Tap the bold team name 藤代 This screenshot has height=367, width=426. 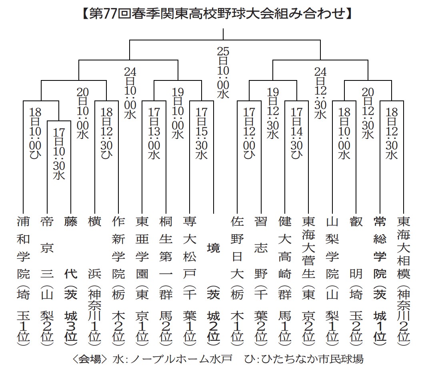[71, 248]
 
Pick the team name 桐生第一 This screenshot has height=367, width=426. [166, 248]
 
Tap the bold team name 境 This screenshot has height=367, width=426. [214, 248]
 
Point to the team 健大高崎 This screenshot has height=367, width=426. [285, 248]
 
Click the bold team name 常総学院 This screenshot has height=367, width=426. [380, 248]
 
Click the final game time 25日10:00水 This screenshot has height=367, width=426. [223, 72]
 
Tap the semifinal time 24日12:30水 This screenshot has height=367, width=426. [320, 93]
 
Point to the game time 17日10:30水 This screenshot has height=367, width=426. [59, 154]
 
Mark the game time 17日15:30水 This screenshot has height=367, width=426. [202, 133]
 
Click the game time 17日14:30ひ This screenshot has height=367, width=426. [297, 133]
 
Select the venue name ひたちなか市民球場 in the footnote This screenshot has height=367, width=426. [312, 359]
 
